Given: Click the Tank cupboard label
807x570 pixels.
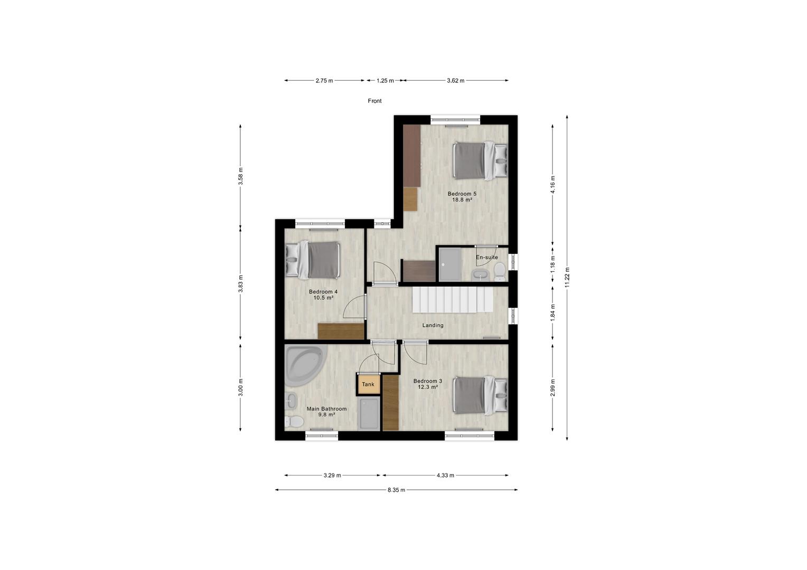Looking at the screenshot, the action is pyautogui.click(x=368, y=384).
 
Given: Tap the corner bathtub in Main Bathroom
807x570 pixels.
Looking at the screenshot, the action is pyautogui.click(x=304, y=364).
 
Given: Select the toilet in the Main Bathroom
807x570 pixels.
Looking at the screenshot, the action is pyautogui.click(x=294, y=421).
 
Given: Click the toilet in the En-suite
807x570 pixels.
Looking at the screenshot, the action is pyautogui.click(x=500, y=272).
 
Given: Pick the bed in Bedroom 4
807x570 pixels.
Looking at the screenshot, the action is pyautogui.click(x=313, y=260).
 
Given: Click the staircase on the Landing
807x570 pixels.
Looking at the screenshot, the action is pyautogui.click(x=453, y=300).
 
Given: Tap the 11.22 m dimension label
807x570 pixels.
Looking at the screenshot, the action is pyautogui.click(x=567, y=278).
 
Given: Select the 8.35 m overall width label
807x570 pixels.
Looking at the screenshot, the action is pyautogui.click(x=396, y=490).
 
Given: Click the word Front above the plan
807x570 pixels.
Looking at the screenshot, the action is pyautogui.click(x=374, y=101).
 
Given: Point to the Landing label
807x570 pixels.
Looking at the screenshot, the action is pyautogui.click(x=433, y=325).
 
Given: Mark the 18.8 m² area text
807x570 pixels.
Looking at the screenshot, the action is pyautogui.click(x=462, y=199).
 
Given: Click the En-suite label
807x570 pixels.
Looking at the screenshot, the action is pyautogui.click(x=487, y=257).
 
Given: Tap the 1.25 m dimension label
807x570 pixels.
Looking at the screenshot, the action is pyautogui.click(x=385, y=81).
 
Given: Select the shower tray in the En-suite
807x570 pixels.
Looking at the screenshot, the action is pyautogui.click(x=449, y=264).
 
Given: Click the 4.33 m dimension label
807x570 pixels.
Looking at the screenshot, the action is pyautogui.click(x=445, y=476).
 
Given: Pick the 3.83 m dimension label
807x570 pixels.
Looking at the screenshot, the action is pyautogui.click(x=241, y=283).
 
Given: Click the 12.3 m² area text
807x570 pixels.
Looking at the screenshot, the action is pyautogui.click(x=428, y=387).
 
